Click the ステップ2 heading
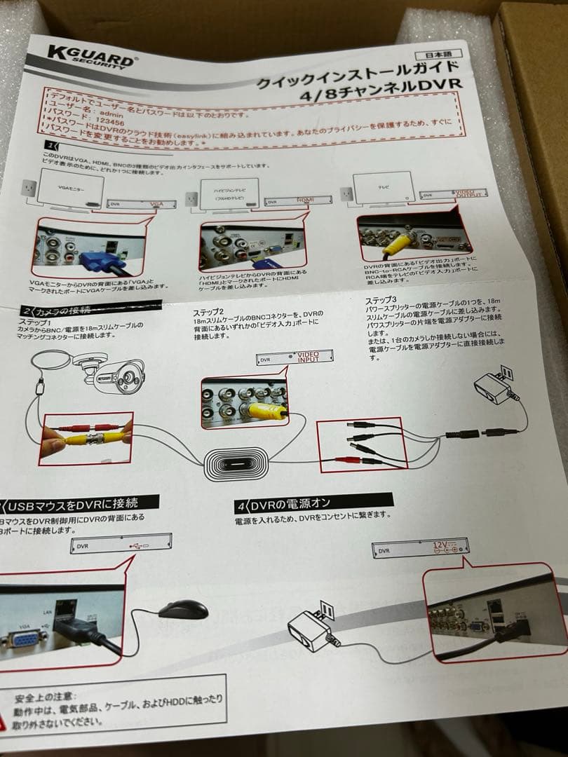pyautogui.click(x=208, y=312)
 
